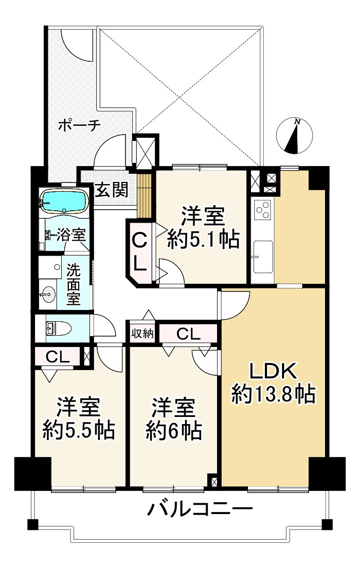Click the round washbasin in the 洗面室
(49, 295)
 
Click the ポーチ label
(78, 125)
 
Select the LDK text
(273, 371)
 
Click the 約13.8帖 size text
(273, 395)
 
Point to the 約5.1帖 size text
(203, 240)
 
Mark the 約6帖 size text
(173, 430)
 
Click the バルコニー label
(201, 510)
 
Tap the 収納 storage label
(142, 333)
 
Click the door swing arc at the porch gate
(77, 46)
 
